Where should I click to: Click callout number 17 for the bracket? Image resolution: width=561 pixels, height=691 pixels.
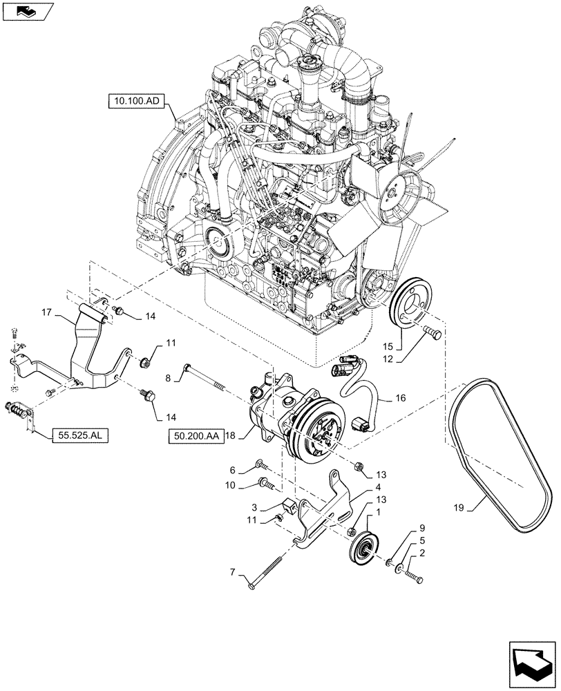point(46,312)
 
